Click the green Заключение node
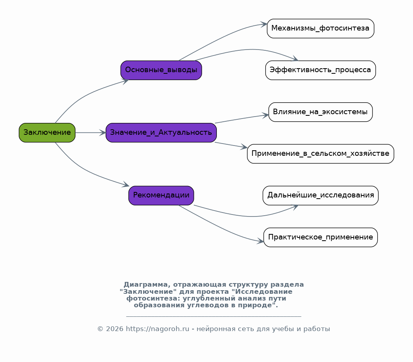tap(47, 132)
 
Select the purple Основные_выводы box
tap(161, 70)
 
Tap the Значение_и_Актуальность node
tap(161, 132)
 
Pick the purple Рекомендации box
tap(161, 195)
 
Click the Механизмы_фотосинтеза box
tap(320, 29)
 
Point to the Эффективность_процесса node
tap(320, 70)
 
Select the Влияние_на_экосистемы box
tap(320, 112)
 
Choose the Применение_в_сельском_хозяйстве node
tap(320, 154)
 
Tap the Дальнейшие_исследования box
tap(320, 195)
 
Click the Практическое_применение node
tap(320, 238)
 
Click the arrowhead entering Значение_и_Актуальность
tap(102, 132)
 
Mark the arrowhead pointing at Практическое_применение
tap(261, 241)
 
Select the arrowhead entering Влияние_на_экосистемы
tap(265, 115)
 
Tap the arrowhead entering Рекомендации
tap(125, 185)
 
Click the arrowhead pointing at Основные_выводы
tap(125, 81)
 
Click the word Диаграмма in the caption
tap(146, 285)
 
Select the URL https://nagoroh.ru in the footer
tap(158, 329)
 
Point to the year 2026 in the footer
tap(115, 329)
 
